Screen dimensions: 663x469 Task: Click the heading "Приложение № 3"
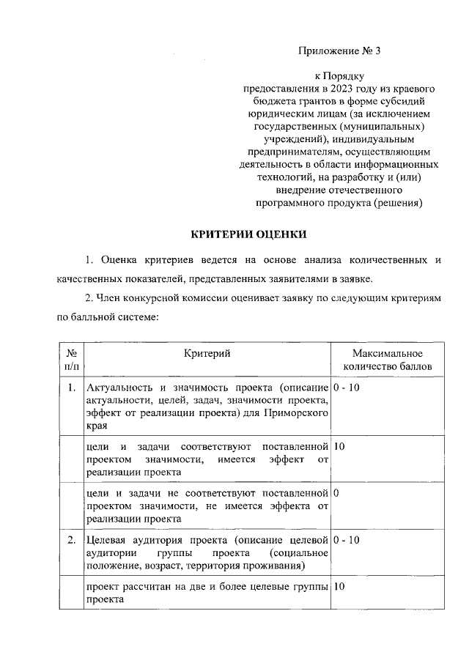pos(340,51)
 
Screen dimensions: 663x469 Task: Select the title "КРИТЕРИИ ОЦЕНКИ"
pos(245,234)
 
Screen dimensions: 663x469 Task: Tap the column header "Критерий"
pos(207,354)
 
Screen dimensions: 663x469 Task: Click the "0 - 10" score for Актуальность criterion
pos(346,387)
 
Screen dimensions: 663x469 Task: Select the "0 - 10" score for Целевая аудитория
pos(346,540)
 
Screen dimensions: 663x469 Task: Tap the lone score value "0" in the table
pos(336,492)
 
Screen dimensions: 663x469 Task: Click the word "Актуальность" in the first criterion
pos(120,387)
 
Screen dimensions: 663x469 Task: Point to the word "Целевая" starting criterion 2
pos(107,540)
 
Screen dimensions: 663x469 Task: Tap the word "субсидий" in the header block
pos(405,100)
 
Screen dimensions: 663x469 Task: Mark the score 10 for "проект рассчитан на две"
pos(339,587)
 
